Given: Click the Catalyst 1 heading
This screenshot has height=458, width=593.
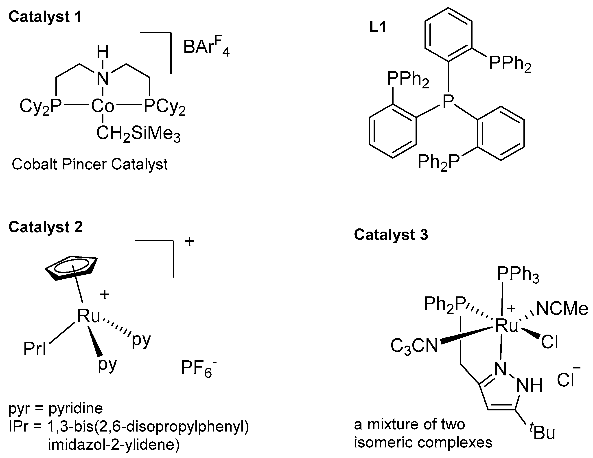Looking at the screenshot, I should [45, 17].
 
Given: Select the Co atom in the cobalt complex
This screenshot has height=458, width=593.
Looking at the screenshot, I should [102, 106].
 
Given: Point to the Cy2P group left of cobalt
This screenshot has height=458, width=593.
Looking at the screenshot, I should [41, 106].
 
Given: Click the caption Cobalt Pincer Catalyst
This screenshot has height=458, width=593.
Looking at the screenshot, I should [90, 164].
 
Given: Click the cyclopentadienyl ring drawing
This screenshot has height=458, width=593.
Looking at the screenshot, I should [71, 268].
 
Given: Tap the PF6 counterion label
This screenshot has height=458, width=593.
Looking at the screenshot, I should [198, 369].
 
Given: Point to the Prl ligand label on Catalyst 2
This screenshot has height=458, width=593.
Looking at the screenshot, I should [35, 349].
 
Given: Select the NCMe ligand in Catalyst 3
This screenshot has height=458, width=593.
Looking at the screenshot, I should [562, 309].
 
